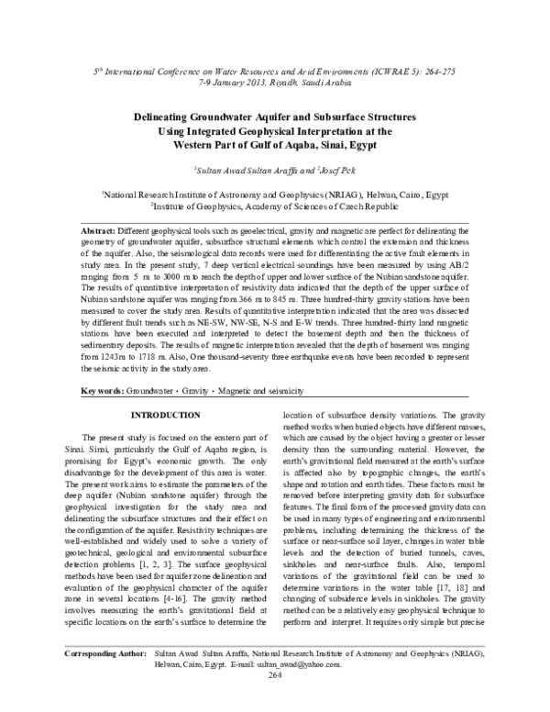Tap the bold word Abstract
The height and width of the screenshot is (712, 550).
[x=126, y=227]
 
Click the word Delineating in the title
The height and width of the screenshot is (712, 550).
[x=163, y=118]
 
